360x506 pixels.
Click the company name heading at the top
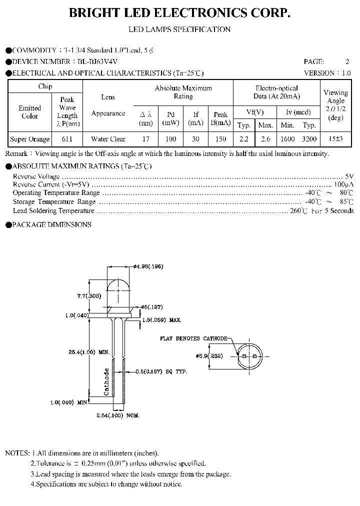[x=179, y=13]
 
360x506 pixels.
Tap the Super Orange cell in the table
[x=30, y=139]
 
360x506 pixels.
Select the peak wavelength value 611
[x=67, y=139]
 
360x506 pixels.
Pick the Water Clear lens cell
[x=108, y=139]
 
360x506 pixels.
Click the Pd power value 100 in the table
[x=171, y=139]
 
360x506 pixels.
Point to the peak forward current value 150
[x=220, y=139]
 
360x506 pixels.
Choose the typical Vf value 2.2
[x=243, y=139]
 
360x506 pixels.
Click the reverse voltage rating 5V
[x=349, y=176]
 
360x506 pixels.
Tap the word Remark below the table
[x=16, y=153]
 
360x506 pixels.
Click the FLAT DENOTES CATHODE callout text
[x=193, y=338]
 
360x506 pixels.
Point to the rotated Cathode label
[x=106, y=381]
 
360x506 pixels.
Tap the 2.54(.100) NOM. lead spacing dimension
[x=117, y=415]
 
